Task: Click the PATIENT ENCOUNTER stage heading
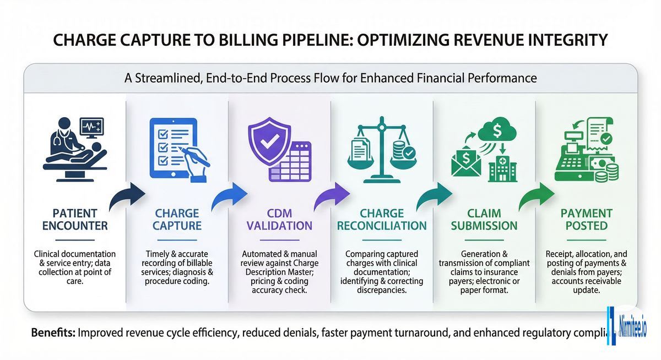point(71,219)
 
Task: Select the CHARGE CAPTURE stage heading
point(178,219)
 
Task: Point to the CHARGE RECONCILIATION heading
point(382,219)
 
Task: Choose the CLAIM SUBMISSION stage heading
point(484,219)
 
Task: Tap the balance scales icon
point(382,149)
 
